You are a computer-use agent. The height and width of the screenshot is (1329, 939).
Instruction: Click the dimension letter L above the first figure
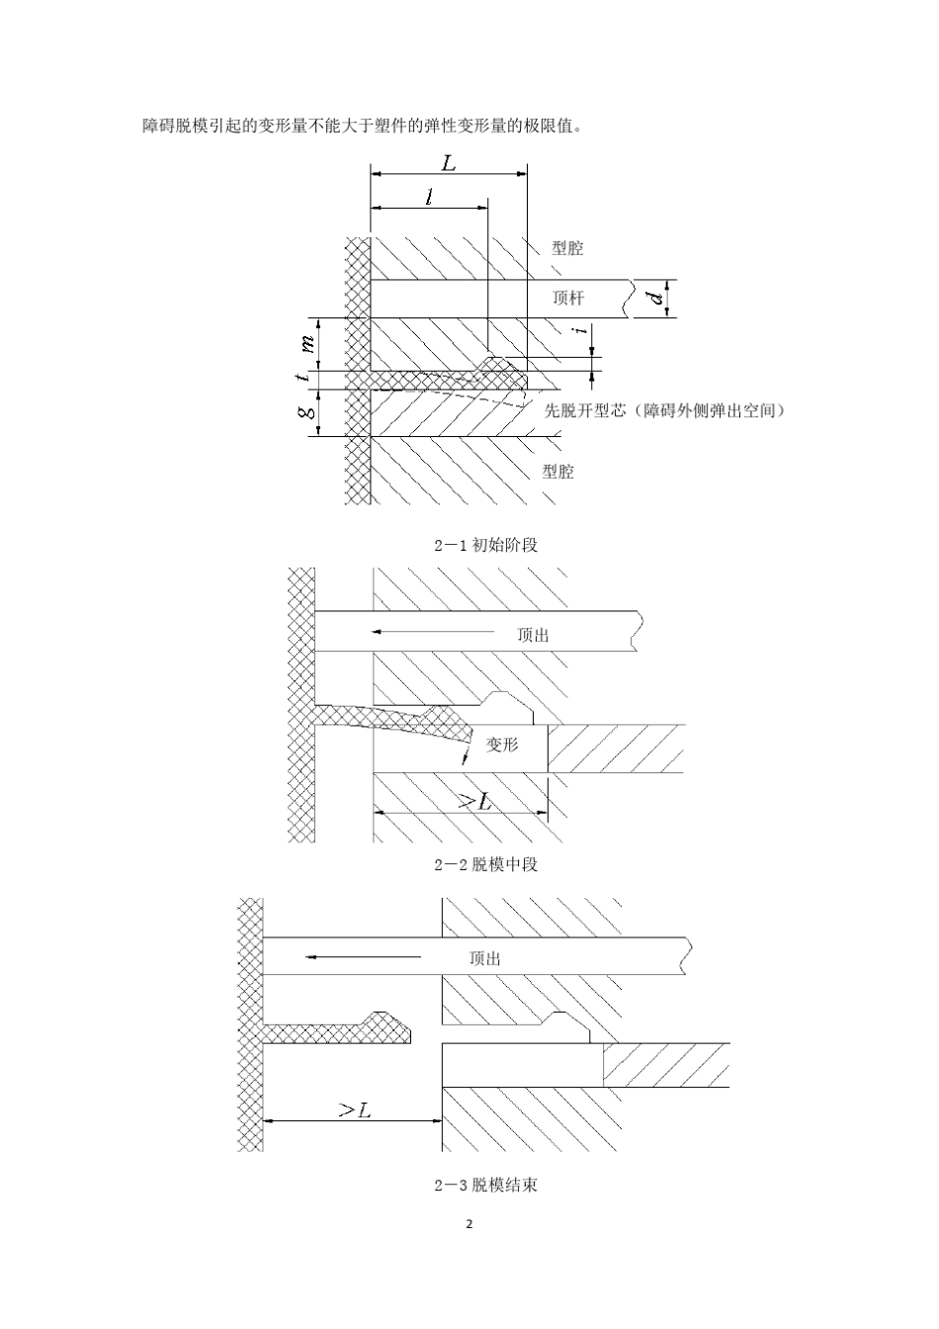click(x=449, y=162)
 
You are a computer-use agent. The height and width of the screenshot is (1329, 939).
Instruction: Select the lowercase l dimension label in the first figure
click(x=429, y=197)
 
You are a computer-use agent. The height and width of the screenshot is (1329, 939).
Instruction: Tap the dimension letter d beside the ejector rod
click(x=657, y=298)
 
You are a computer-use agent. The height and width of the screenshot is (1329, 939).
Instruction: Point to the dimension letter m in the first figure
click(x=307, y=343)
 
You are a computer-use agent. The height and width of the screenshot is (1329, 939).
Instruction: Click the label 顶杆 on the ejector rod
click(x=568, y=298)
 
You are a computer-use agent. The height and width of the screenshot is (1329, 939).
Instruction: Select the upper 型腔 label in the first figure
click(x=567, y=248)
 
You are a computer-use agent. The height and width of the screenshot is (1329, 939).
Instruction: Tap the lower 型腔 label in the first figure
click(x=558, y=472)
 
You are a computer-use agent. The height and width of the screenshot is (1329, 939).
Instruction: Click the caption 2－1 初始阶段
click(x=486, y=545)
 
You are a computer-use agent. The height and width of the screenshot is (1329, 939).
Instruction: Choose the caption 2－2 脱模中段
click(x=486, y=864)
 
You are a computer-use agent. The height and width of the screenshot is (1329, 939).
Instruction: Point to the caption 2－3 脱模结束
click(x=486, y=1185)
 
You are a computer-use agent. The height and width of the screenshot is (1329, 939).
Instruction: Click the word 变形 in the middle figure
click(x=502, y=745)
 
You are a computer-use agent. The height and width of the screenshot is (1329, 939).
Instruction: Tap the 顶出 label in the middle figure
click(x=533, y=636)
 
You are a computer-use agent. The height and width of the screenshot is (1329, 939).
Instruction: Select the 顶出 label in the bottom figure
click(x=484, y=958)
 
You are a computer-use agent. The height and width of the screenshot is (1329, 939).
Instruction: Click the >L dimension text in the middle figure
click(x=475, y=802)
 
